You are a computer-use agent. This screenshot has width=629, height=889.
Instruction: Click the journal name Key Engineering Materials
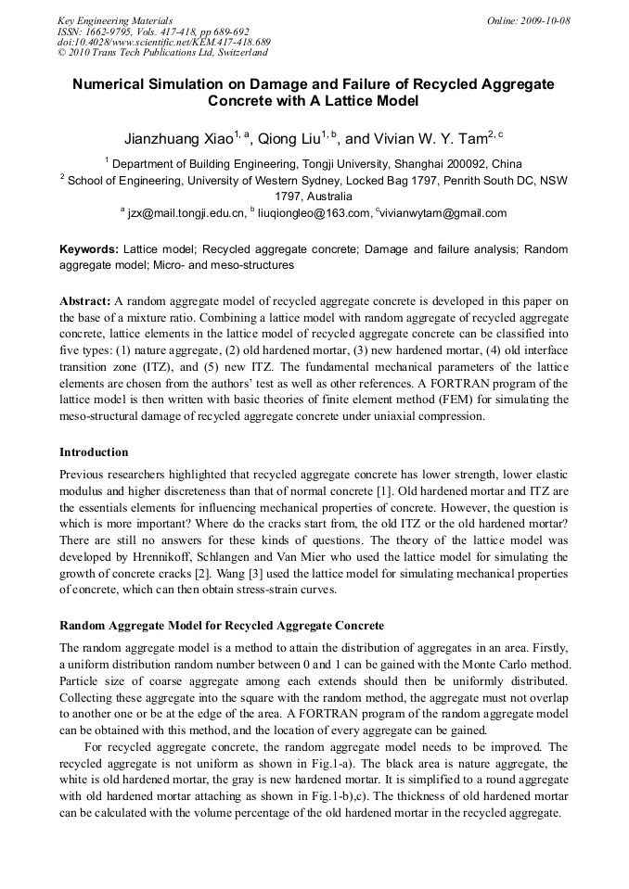114,20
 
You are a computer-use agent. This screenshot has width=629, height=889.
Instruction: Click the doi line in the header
163,42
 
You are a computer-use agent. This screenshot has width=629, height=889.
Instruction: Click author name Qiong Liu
289,139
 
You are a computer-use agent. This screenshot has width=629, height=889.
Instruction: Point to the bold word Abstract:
84,302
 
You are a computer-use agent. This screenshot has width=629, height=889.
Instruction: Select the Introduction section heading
94,452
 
